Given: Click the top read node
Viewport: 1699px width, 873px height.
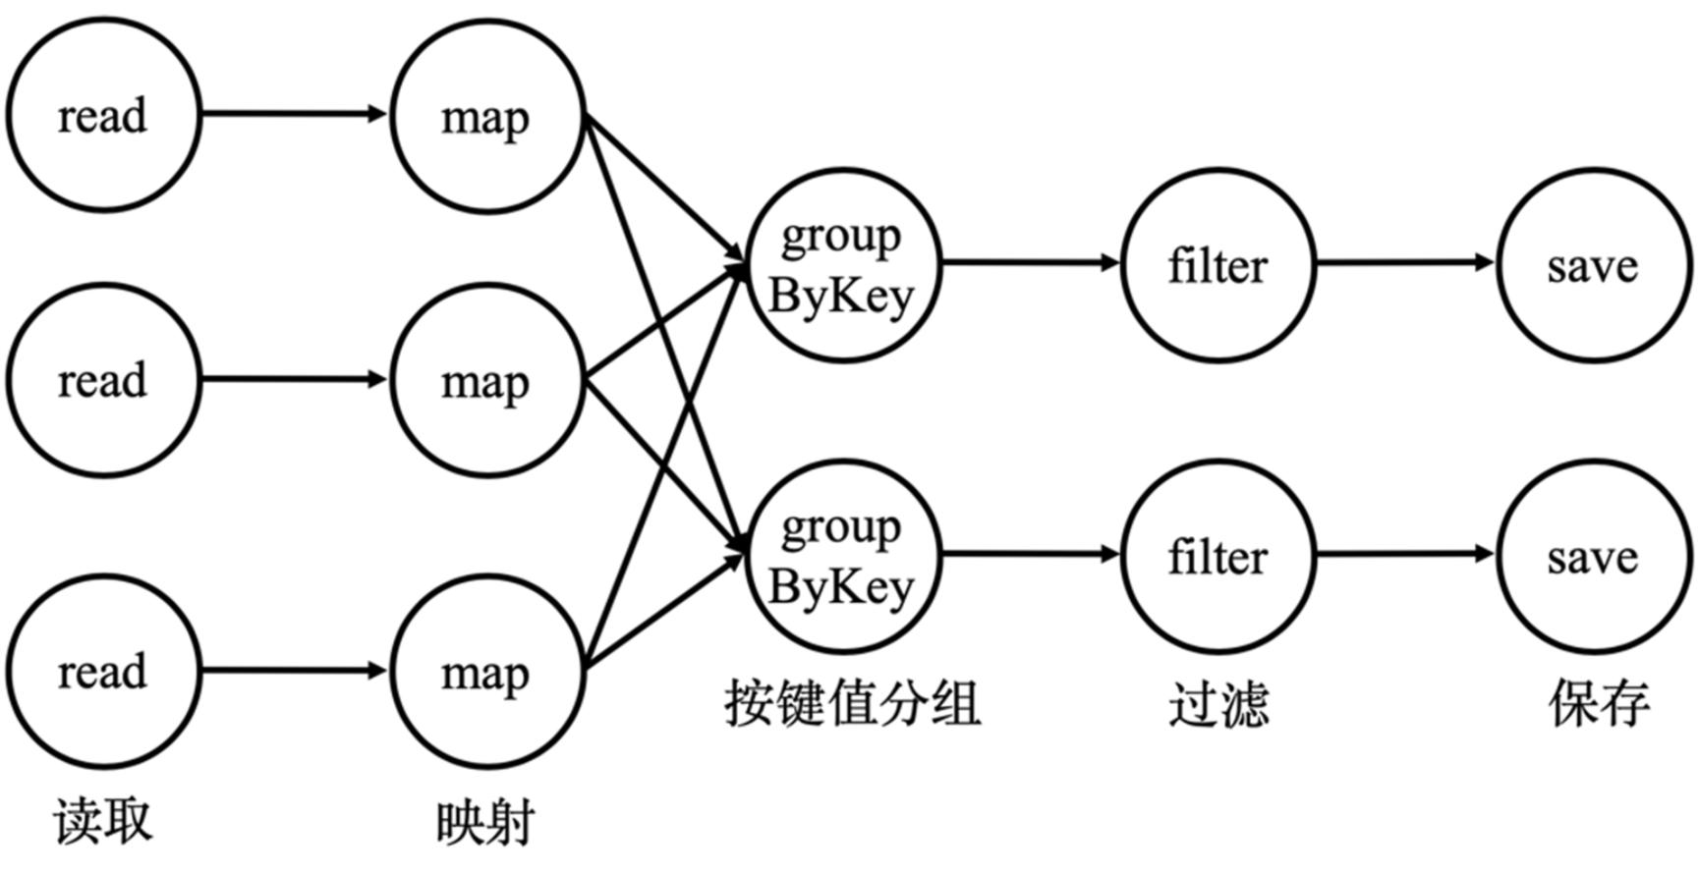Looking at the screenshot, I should click(x=103, y=115).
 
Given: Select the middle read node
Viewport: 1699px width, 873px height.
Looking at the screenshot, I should click(x=103, y=380).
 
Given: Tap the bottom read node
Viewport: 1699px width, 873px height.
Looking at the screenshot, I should click(x=103, y=672).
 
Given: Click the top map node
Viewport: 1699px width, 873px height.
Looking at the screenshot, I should click(x=487, y=117).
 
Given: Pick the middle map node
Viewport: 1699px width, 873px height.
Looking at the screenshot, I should click(x=487, y=381).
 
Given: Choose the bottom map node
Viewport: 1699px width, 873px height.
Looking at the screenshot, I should click(x=487, y=673).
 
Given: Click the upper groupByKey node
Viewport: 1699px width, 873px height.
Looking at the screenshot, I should click(x=843, y=265).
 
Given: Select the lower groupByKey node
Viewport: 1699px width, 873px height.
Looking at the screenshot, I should click(x=843, y=557).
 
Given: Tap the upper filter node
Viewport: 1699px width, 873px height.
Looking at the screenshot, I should click(x=1218, y=265).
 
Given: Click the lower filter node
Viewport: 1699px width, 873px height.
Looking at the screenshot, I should click(x=1218, y=557).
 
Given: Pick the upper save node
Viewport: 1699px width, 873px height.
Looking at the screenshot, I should click(x=1593, y=265).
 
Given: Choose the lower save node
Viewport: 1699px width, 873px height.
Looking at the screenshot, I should click(x=1593, y=557).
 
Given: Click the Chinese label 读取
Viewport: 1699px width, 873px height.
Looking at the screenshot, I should click(x=103, y=821).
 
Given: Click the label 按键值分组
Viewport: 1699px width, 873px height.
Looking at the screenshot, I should click(x=853, y=703).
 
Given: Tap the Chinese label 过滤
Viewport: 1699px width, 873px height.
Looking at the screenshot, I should click(x=1218, y=704).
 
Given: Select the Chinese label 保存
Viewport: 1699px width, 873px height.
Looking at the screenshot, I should click(x=1599, y=703).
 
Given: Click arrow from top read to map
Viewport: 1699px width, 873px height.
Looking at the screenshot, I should click(x=295, y=114).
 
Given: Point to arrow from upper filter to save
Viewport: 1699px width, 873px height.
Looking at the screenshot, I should click(x=1405, y=262).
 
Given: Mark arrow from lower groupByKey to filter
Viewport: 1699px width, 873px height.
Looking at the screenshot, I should click(x=1030, y=555).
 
